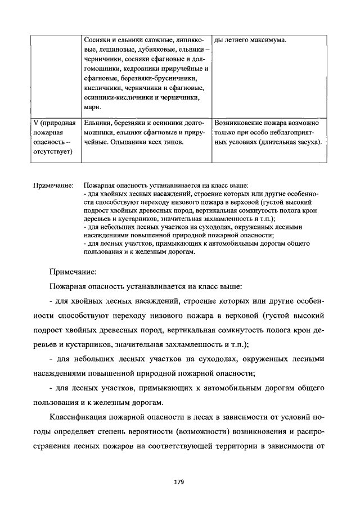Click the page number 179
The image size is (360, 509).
(179, 481)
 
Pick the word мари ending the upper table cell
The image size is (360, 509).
(91, 107)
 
